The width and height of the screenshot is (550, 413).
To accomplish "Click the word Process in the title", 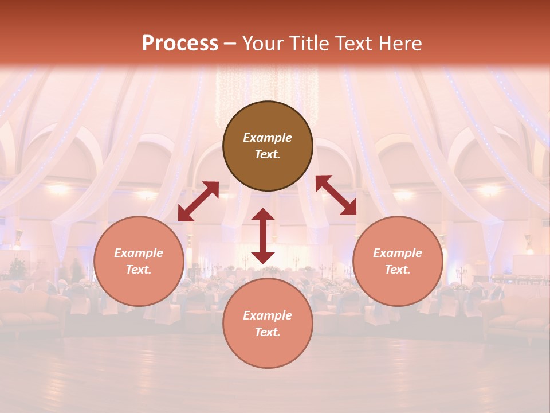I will tap(180, 44).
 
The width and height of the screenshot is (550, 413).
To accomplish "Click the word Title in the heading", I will tap(308, 44).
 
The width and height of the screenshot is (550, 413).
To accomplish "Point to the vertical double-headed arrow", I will tap(263, 236).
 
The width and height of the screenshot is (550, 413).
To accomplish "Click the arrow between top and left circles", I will tap(198, 201).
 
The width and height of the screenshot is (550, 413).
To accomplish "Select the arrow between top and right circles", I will tap(336, 195).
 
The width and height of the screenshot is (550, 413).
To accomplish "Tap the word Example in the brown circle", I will tap(268, 138).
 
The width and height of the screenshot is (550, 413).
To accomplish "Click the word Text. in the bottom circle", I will tap(268, 332).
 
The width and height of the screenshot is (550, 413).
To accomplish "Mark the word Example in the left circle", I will tap(139, 253).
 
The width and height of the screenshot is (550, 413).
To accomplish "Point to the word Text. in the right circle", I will tap(398, 270).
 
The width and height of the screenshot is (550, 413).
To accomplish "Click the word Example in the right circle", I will tap(398, 253).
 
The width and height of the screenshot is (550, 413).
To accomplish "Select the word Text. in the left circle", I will tap(139, 270).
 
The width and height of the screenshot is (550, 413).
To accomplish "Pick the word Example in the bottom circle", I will tap(268, 315).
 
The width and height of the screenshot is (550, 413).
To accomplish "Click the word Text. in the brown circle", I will tap(268, 154).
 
